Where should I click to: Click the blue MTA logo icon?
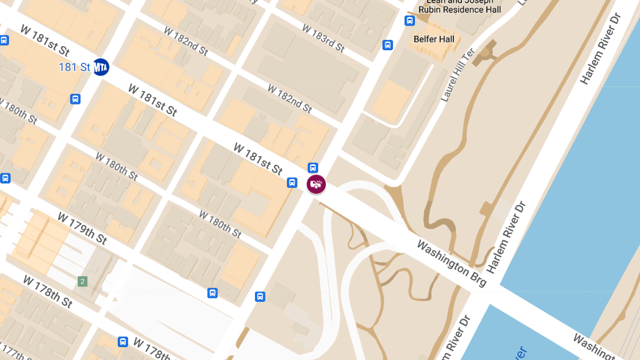(101, 67)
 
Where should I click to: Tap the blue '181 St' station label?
(75, 67)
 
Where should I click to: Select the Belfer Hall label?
(434, 39)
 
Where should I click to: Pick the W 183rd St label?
(323, 38)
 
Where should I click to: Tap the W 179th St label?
(82, 228)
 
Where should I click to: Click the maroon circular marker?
(316, 184)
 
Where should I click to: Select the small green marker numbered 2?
(82, 281)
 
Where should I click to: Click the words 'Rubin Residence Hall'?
(460, 10)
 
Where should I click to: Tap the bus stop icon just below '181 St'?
(75, 99)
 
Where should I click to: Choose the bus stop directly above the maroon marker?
(313, 167)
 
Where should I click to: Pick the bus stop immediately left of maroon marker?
(292, 182)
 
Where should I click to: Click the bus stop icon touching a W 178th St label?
(123, 342)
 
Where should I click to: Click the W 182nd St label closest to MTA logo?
(186, 42)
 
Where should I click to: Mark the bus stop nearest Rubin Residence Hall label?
(410, 21)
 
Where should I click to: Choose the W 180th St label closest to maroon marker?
(220, 223)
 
